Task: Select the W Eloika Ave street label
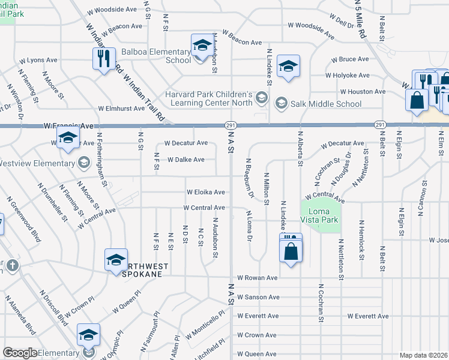205,193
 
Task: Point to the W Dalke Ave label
186,160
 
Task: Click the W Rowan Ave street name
257,278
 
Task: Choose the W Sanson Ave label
258,297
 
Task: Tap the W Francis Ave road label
69,126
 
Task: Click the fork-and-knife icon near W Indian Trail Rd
103,58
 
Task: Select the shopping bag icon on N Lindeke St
291,249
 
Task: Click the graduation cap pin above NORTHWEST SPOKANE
116,259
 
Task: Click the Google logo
20,353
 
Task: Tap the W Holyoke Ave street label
348,76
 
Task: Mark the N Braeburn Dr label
248,178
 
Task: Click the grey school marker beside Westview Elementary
84,163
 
